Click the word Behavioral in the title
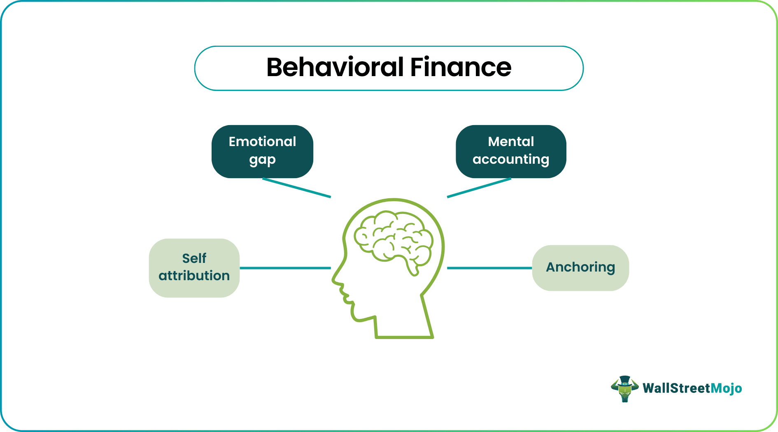click(335, 67)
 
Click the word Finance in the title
click(461, 67)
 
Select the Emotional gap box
click(262, 151)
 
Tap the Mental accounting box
click(511, 151)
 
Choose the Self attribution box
click(194, 268)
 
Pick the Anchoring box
click(580, 268)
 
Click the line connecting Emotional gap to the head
click(296, 188)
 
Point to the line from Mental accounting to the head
click(479, 188)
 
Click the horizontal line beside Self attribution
click(285, 268)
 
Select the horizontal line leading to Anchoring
click(489, 268)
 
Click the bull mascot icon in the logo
click(624, 388)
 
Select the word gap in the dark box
click(262, 160)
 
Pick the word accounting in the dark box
click(511, 160)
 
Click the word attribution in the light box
click(194, 276)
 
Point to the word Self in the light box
click(194, 258)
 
